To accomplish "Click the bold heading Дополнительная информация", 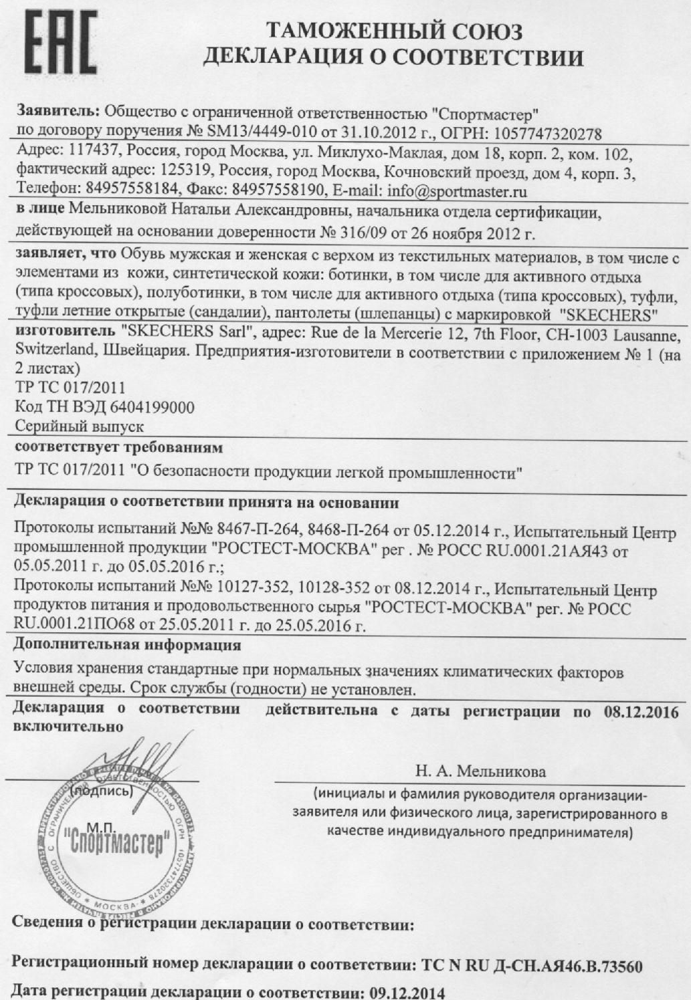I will [x=127, y=646].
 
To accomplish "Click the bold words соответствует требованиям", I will [x=118, y=446].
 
